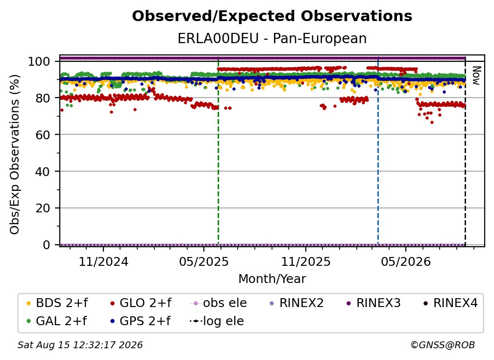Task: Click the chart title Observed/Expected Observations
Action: (x=272, y=16)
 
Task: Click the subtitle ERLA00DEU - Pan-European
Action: (x=272, y=38)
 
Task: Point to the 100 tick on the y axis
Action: (x=39, y=61)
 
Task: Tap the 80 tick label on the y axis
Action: (x=43, y=98)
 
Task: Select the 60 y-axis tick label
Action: (x=43, y=134)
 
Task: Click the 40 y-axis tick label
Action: (x=43, y=172)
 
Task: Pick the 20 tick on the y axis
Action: (x=43, y=208)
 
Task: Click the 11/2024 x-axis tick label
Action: (x=103, y=261)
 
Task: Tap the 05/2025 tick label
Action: (x=204, y=261)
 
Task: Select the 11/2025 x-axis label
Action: (x=306, y=261)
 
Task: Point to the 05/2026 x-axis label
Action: (x=406, y=261)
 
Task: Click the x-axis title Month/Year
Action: (x=272, y=279)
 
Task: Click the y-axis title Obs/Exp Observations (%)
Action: (x=15, y=154)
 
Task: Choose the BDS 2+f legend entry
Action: (x=57, y=303)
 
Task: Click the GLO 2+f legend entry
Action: (x=141, y=303)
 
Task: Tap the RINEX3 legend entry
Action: (x=373, y=303)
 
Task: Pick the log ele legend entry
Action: (x=217, y=321)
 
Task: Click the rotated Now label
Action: (x=476, y=76)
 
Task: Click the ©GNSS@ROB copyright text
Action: (x=443, y=345)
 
